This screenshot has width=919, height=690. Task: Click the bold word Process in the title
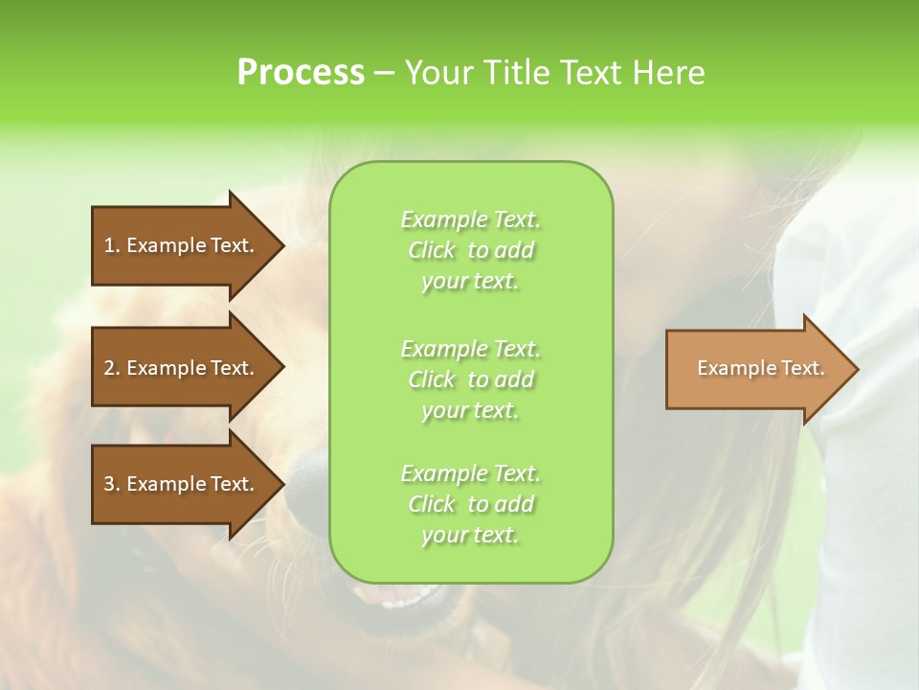point(301,73)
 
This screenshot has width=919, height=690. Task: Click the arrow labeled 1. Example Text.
point(182,245)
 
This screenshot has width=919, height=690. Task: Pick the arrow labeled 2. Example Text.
point(182,368)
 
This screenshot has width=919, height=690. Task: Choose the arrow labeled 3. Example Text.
point(182,484)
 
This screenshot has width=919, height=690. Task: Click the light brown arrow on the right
point(756,369)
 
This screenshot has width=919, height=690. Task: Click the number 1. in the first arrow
point(112,245)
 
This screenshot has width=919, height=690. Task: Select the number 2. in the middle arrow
point(112,368)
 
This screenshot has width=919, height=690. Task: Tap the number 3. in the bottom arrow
point(112,484)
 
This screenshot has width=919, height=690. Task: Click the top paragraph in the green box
point(470,250)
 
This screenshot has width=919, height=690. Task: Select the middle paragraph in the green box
point(470,379)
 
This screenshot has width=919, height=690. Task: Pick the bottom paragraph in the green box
point(470,504)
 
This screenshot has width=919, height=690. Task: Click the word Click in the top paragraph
point(432,250)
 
